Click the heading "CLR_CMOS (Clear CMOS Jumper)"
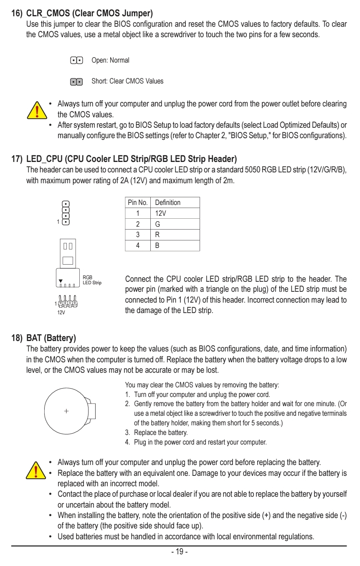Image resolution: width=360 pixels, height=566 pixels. point(89,13)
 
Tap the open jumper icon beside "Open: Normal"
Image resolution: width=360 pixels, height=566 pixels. point(76,61)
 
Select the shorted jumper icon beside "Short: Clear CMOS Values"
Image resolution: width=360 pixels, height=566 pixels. point(76,81)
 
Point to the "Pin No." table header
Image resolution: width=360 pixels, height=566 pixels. point(137,202)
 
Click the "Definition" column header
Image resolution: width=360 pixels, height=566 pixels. point(167,202)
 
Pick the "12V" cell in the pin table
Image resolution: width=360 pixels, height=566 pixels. point(161,213)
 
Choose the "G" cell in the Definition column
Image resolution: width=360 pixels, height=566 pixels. point(157,224)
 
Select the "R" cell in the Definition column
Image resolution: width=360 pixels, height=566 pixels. point(157,235)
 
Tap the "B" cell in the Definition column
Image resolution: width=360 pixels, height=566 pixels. point(157,245)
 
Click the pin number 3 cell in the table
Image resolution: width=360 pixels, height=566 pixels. point(137,235)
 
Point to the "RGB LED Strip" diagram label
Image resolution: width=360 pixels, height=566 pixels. point(92,280)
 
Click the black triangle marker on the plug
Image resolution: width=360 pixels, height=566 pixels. point(61,281)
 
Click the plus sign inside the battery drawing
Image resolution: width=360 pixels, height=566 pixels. point(66,411)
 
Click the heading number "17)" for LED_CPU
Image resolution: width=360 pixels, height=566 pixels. point(17,159)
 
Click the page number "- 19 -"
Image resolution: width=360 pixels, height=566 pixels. point(180,552)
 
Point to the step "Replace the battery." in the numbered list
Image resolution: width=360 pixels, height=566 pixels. point(161,432)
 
